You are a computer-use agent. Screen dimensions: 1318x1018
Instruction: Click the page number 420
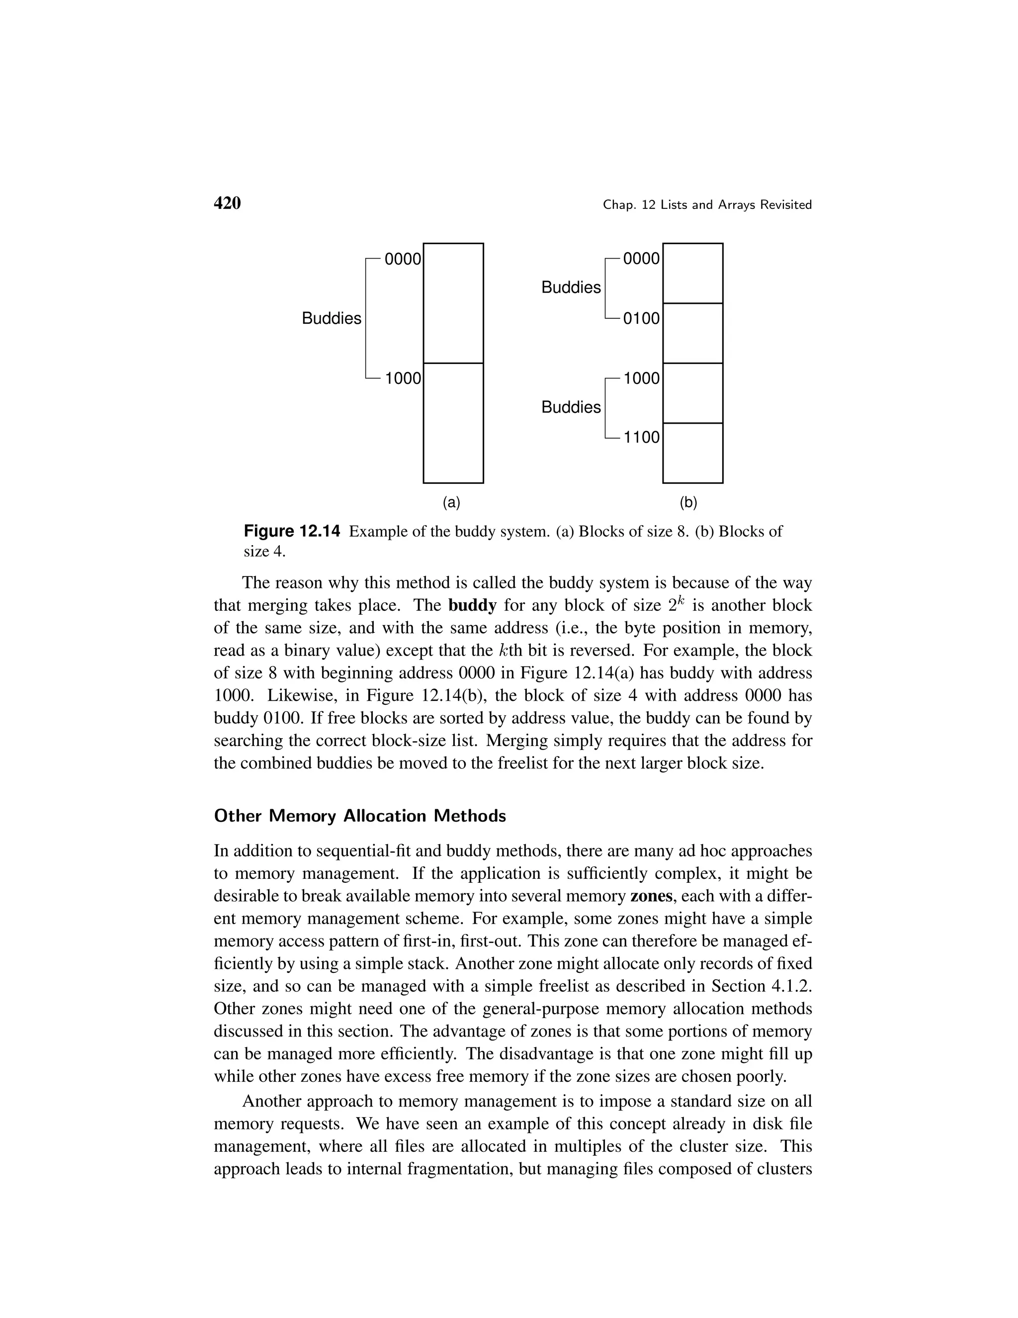(x=227, y=203)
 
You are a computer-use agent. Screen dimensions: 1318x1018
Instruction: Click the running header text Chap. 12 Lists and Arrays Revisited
(x=707, y=205)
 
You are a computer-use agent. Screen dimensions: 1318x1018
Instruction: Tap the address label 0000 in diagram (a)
(x=402, y=260)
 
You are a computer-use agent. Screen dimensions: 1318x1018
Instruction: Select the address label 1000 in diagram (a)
(x=402, y=379)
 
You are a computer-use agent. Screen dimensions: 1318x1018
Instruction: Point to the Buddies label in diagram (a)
(x=331, y=319)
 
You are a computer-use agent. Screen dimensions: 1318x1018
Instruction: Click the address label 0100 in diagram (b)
(x=641, y=319)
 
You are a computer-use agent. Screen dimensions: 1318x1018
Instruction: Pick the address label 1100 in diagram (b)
(x=641, y=438)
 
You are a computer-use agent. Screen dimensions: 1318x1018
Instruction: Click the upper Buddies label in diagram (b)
(x=571, y=288)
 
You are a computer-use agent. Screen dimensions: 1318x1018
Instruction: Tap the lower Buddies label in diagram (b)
(x=571, y=407)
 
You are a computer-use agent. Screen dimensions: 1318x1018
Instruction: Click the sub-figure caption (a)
(x=451, y=502)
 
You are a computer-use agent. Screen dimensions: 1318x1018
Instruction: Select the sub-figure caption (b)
(x=688, y=502)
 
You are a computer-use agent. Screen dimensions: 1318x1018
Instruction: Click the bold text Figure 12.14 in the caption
(x=292, y=532)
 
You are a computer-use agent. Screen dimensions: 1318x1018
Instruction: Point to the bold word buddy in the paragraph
(x=472, y=605)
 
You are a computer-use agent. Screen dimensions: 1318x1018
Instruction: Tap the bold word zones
(x=651, y=896)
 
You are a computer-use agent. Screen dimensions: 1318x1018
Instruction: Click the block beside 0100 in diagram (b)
(x=692, y=333)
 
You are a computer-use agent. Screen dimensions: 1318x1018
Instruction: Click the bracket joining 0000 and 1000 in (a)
(x=366, y=319)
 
